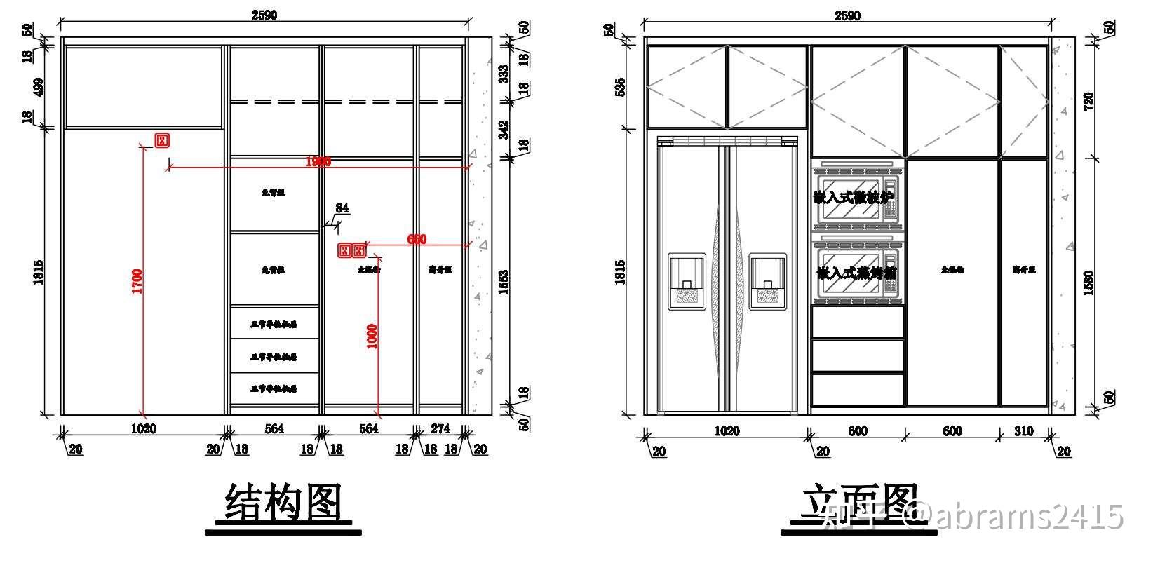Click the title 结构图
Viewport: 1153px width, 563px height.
[x=283, y=503]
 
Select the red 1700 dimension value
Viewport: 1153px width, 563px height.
[x=137, y=281]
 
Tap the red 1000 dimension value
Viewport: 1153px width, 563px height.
[x=372, y=336]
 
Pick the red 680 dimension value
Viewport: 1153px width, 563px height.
[x=417, y=240]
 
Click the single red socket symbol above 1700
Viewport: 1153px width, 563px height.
[x=162, y=140]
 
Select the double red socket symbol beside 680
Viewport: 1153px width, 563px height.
[x=352, y=250]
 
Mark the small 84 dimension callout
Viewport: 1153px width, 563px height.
[x=342, y=208]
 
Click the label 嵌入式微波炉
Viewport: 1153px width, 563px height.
[x=856, y=198]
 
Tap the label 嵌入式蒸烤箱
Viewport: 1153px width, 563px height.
[x=857, y=273]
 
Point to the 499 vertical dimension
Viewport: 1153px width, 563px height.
[x=39, y=87]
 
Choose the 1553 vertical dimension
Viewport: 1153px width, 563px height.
[x=503, y=283]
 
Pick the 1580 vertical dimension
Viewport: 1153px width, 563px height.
[x=1088, y=283]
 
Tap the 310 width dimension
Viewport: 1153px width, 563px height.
[x=1024, y=431]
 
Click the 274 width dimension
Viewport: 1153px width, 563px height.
[x=440, y=428]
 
